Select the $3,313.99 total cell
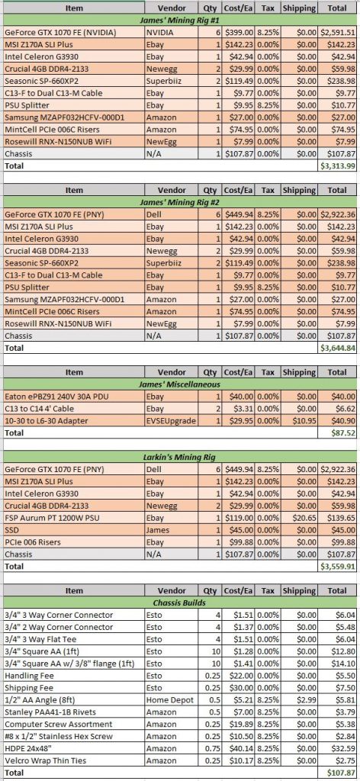337,166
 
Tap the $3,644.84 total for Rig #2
337,348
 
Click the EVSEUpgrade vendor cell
171,421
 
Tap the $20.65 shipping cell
305,518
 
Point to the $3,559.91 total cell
337,567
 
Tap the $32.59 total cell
343,748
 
